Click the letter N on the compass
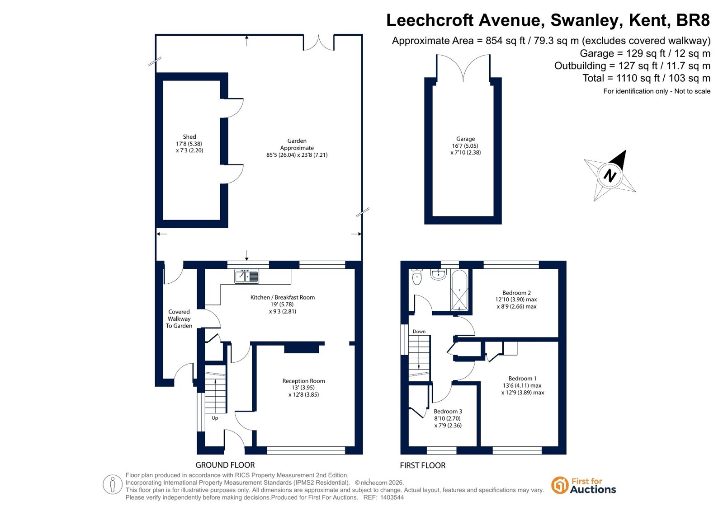coord(610,176)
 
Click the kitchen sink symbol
coord(246,277)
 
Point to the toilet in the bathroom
coord(417,277)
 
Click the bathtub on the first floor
coord(459,291)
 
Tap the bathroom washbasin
coord(438,274)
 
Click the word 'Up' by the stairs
coord(215,418)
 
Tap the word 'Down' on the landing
coord(419,331)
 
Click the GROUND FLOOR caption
coord(225,465)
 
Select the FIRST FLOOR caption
coord(422,465)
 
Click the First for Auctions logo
coord(584,486)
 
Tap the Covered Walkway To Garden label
coord(179,319)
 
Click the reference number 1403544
coord(392,497)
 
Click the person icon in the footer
coord(112,484)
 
